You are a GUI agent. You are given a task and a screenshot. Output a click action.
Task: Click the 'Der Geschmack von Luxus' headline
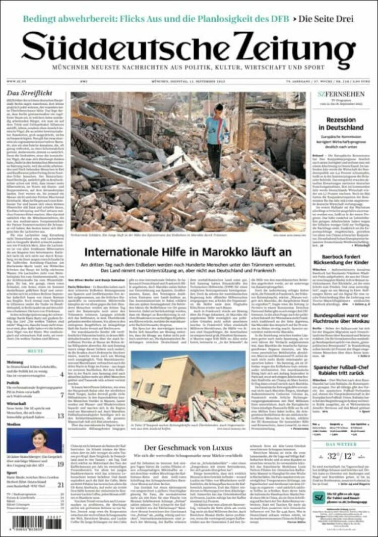click(x=188, y=447)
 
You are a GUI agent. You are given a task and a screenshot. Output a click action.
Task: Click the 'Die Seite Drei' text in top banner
click(x=326, y=19)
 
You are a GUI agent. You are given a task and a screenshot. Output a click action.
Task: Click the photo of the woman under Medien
click(x=35, y=440)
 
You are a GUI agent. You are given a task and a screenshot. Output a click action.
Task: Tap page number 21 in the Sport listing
click(x=60, y=485)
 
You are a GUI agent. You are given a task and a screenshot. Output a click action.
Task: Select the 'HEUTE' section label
click(x=35, y=350)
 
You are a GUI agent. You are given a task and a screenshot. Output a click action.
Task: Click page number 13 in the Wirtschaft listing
click(x=60, y=415)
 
